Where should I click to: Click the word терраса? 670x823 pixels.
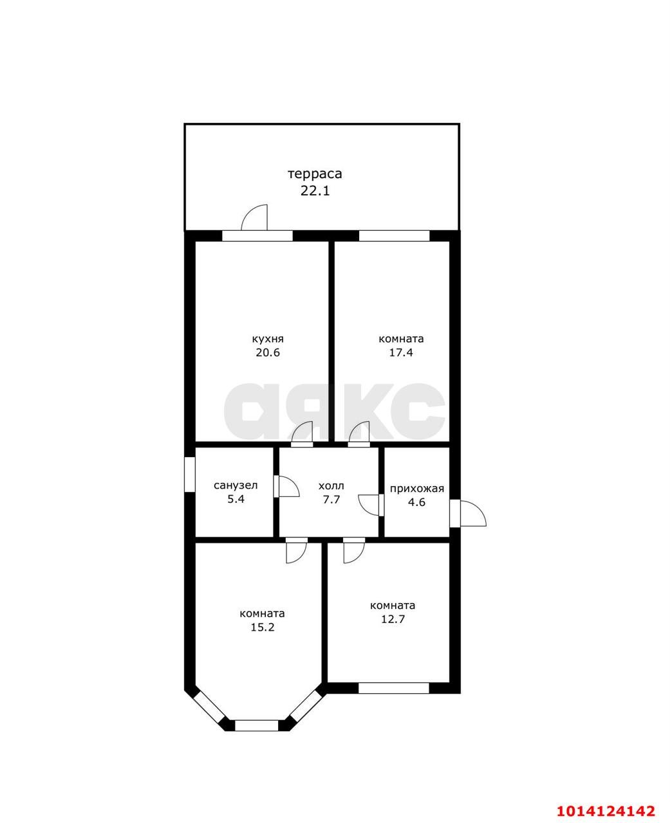[x=315, y=174]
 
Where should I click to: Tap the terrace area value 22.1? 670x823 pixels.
[x=315, y=191]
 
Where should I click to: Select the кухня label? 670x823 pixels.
[x=268, y=339]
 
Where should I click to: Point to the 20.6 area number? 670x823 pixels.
[x=268, y=352]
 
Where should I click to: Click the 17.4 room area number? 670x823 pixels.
[x=401, y=352]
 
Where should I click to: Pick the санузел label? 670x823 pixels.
[x=236, y=485]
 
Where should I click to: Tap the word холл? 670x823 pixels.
[x=331, y=485]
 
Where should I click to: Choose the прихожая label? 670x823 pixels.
[x=416, y=489]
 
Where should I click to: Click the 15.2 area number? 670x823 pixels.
[x=263, y=627]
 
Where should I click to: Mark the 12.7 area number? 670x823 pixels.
[x=393, y=619]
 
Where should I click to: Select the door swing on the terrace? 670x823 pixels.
[x=254, y=217]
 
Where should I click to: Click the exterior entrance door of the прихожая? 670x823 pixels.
[x=467, y=513]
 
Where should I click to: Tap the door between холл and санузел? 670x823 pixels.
[x=286, y=486]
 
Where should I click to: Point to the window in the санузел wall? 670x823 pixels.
[x=190, y=474]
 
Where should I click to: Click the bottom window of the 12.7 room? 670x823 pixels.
[x=394, y=688]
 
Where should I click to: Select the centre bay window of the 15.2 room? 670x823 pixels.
[x=256, y=725]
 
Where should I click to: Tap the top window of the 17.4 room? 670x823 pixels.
[x=394, y=236]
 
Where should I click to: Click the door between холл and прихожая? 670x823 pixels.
[x=371, y=505]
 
